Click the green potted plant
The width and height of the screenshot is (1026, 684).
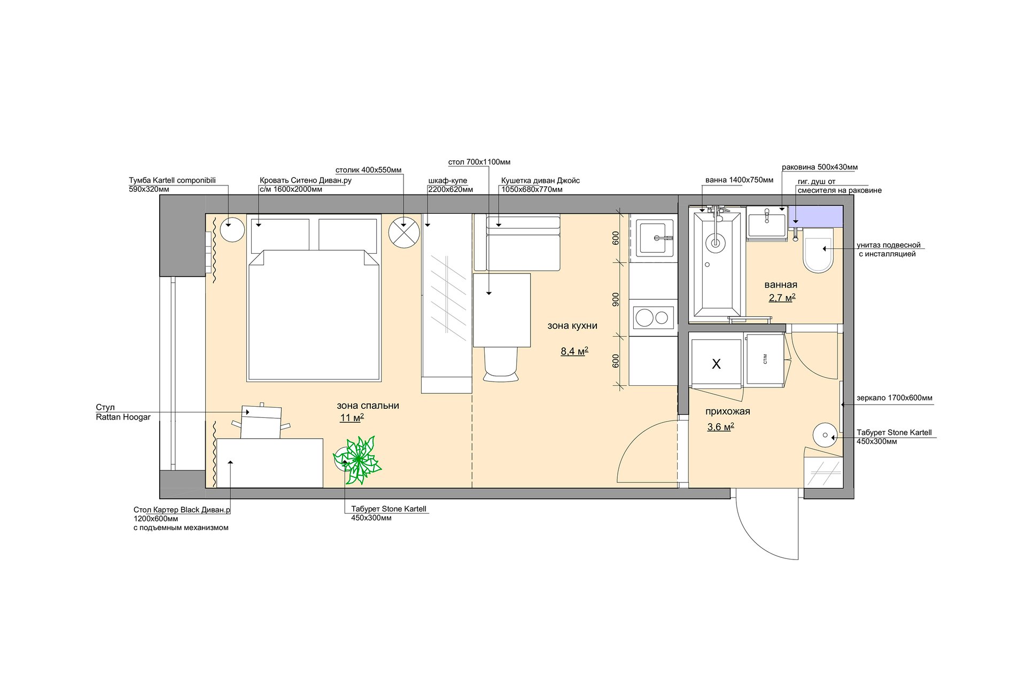click(x=357, y=460)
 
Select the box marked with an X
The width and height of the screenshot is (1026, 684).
click(x=716, y=364)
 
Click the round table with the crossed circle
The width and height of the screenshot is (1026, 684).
click(x=405, y=232)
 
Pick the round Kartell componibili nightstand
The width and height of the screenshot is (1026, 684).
click(x=232, y=230)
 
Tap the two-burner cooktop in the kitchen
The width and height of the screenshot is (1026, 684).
click(x=652, y=318)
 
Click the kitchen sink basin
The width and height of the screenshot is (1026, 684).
click(x=655, y=238)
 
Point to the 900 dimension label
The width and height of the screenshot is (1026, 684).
click(x=616, y=299)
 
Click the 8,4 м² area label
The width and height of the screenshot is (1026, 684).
click(x=574, y=351)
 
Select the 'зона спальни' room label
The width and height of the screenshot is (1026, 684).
click(x=368, y=406)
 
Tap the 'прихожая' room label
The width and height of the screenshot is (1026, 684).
click(x=727, y=411)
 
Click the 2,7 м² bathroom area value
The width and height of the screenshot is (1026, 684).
click(x=782, y=298)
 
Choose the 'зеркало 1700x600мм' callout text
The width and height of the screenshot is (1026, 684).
click(x=895, y=398)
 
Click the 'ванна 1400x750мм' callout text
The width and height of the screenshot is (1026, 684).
click(x=739, y=180)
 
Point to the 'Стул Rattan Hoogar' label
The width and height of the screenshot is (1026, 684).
click(x=123, y=413)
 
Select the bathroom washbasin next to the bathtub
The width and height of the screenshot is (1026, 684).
click(x=767, y=224)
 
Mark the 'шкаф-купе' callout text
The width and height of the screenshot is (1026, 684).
click(x=448, y=181)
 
